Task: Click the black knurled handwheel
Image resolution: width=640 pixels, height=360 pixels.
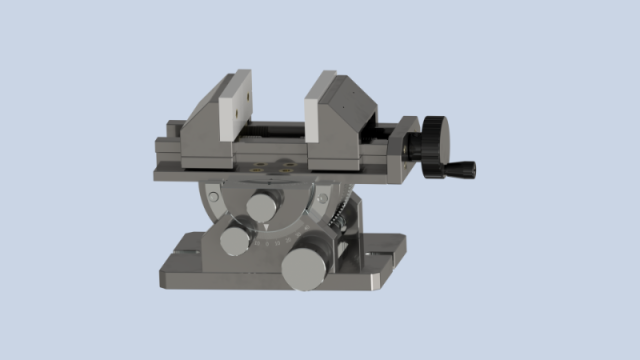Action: click(x=434, y=146)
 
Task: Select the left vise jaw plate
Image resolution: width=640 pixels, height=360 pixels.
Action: click(x=239, y=111)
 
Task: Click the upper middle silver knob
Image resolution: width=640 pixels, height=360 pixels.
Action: click(x=263, y=207)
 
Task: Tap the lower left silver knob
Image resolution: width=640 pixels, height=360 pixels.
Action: click(x=236, y=241)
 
